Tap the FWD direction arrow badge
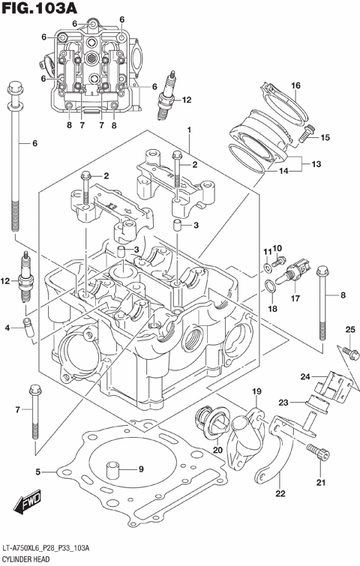click(x=31, y=502)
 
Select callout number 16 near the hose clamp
click(x=295, y=85)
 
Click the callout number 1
click(x=190, y=130)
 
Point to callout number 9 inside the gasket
click(x=140, y=470)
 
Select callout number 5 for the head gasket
click(x=37, y=472)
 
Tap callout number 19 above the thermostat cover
click(x=256, y=392)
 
